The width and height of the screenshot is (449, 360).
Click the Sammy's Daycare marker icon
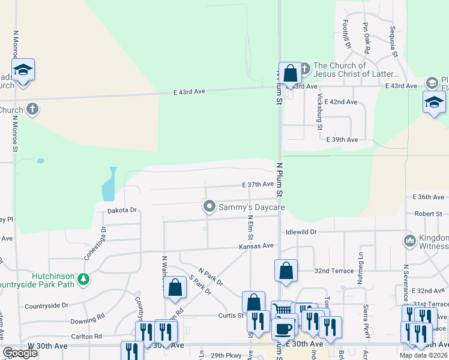[x=209, y=207]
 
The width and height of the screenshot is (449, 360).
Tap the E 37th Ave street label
[x=258, y=185]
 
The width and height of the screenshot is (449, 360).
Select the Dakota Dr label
[x=122, y=211]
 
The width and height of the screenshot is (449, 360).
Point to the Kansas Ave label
[x=256, y=245]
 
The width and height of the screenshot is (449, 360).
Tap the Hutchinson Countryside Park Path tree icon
[x=85, y=278]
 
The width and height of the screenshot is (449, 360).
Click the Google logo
[x=20, y=353]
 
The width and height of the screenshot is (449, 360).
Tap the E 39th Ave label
[x=342, y=140]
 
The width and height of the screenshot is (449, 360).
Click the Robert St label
[x=428, y=214]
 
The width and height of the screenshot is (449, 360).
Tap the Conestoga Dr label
[x=103, y=238]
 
